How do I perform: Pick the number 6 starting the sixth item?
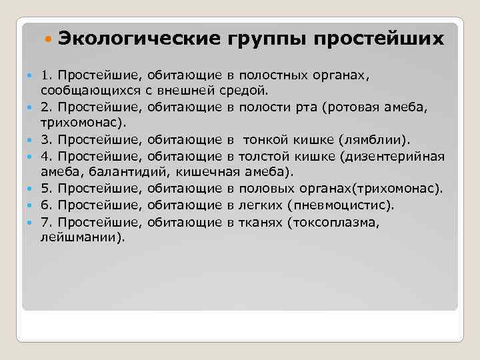coord(44,205)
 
